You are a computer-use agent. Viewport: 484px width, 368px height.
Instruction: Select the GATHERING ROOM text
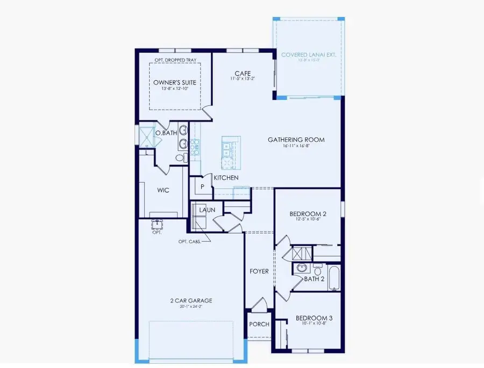[x=296, y=140]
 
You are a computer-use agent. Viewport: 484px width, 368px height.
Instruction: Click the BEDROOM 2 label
[x=308, y=213]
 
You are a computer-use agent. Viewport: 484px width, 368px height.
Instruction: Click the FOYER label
[x=259, y=271]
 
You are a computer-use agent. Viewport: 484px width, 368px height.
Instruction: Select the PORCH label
[x=259, y=324]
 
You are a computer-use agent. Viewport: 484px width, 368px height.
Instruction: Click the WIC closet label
[x=163, y=190]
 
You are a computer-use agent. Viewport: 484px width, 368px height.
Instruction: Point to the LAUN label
[x=207, y=210]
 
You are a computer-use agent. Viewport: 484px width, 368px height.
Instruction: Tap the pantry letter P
[x=203, y=186]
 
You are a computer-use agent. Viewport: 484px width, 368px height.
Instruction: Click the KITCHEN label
[x=226, y=177]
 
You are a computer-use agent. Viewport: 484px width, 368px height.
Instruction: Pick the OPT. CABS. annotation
[x=190, y=242]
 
